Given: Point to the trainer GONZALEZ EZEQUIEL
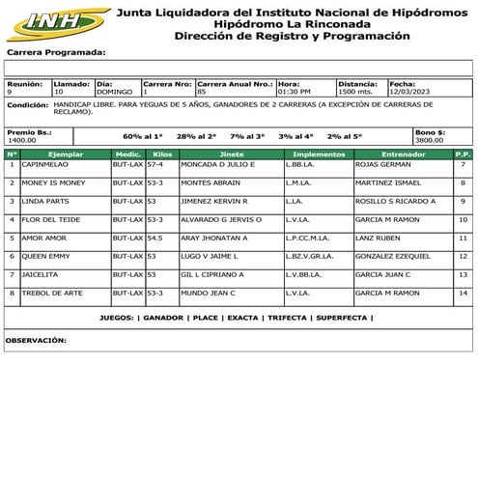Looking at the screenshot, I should (x=395, y=256).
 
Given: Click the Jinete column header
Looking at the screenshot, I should (x=232, y=154).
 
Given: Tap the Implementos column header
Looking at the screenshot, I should (x=319, y=154).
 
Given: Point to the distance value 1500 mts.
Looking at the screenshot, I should (x=357, y=92).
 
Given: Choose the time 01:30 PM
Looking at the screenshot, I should (x=295, y=92).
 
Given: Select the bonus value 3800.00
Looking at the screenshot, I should (x=429, y=140).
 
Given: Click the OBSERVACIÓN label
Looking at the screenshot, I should (x=36, y=340).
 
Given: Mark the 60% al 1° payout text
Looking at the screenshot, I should (x=143, y=136).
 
